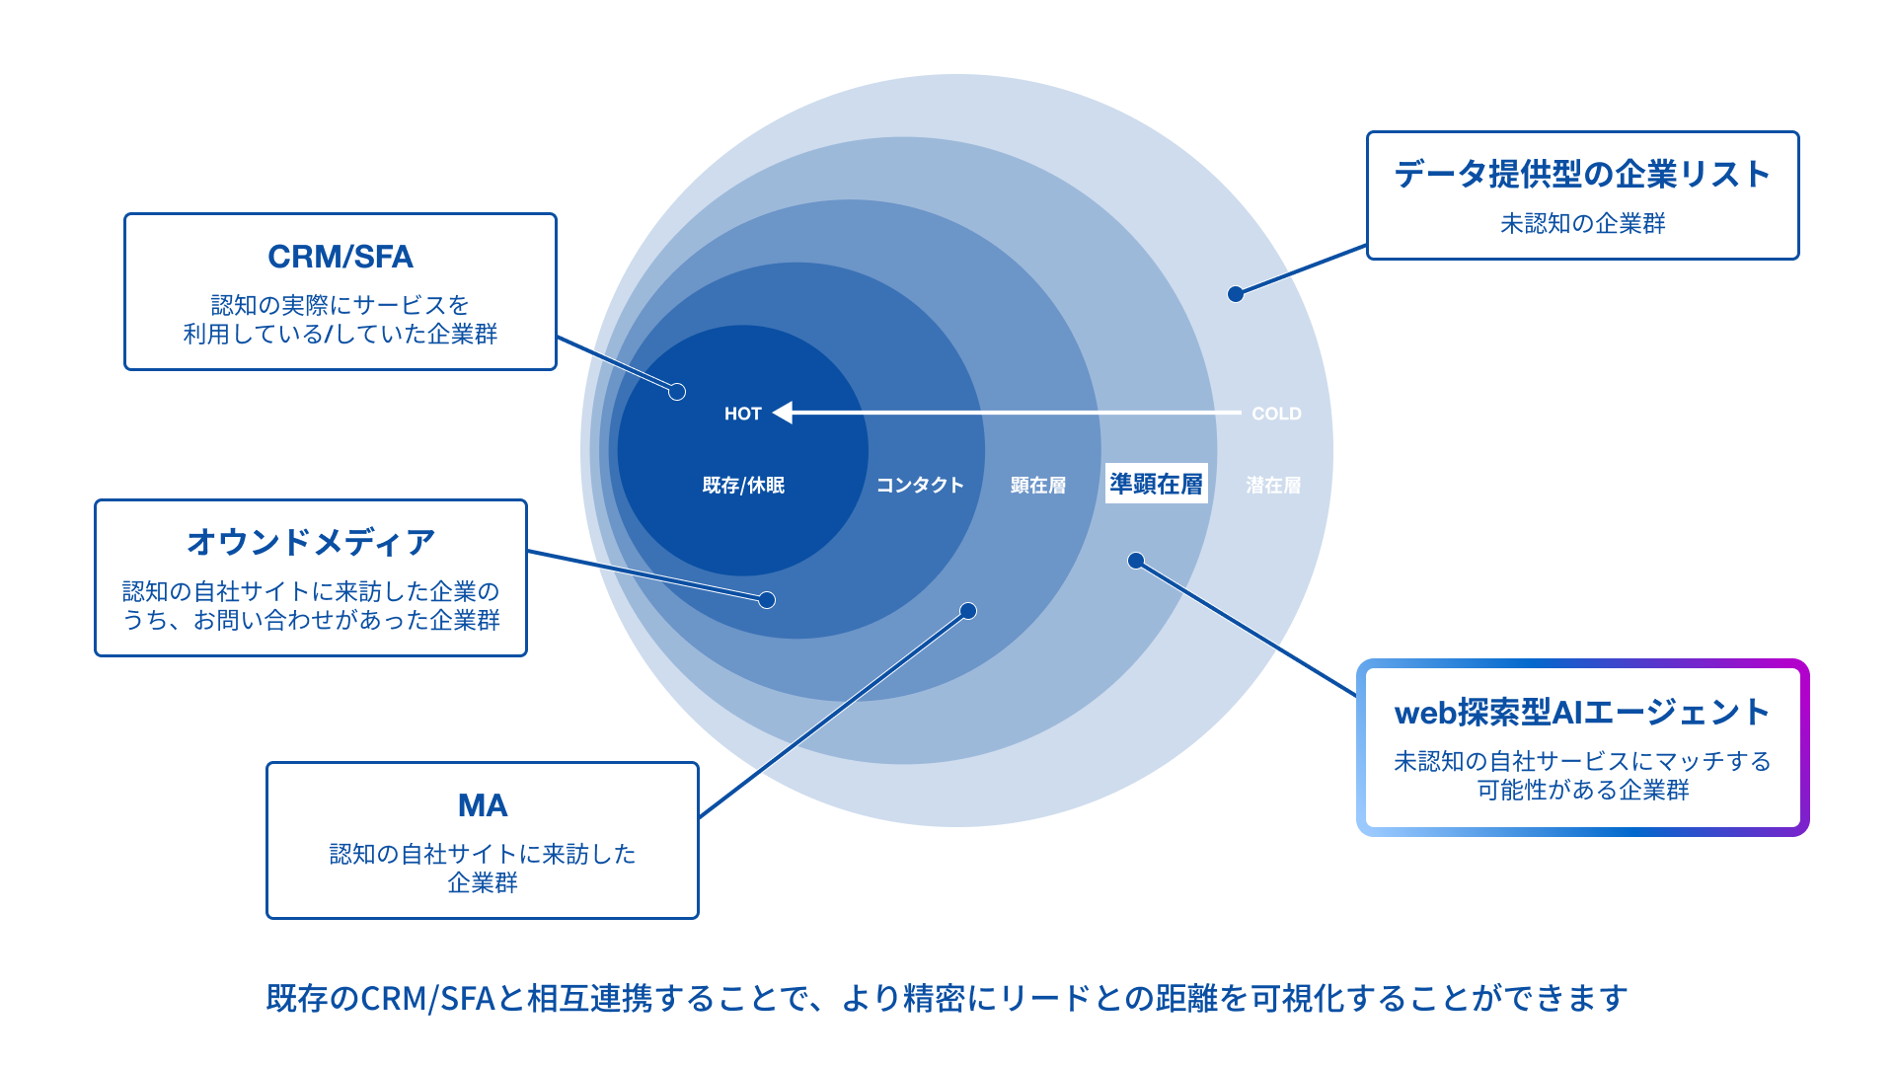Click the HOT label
742,414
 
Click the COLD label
1276,414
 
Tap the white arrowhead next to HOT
783,413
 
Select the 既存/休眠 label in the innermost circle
743,485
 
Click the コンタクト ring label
919,485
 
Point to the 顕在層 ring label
1038,485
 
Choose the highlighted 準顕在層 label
1156,484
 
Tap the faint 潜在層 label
1273,485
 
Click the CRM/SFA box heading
341,257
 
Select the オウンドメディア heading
311,542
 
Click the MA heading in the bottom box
483,805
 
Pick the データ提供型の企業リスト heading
1582,175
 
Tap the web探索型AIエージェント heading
1582,712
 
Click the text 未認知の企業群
1582,224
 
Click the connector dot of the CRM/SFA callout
677,392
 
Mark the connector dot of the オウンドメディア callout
767,600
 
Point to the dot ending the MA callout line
968,611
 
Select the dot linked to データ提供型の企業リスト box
1236,294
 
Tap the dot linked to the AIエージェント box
1136,561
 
